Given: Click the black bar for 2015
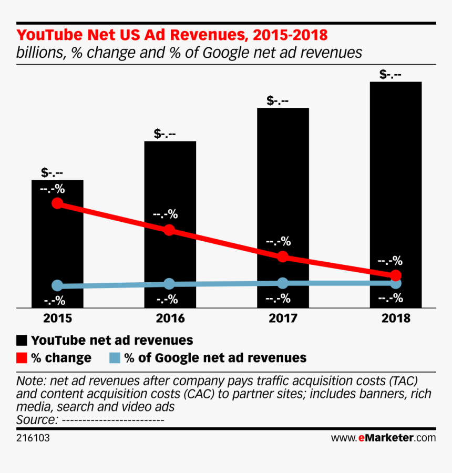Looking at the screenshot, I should coord(58,247).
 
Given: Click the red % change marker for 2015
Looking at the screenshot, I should coord(58,203).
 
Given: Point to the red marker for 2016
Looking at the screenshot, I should coord(169,230).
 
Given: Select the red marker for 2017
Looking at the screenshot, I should coord(283,256).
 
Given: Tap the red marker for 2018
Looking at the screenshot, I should coord(396,275).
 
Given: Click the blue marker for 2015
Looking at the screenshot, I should coord(58,286).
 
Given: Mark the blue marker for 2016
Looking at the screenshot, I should coord(169,284).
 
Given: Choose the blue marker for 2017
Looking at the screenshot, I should coord(283,283).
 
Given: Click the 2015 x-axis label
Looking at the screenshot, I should coord(58,318).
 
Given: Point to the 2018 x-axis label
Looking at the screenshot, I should coord(396,318).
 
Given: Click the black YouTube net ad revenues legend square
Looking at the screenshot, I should coord(22,340).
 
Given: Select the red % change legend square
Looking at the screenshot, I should coord(22,358).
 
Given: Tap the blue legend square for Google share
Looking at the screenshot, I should coord(115,358).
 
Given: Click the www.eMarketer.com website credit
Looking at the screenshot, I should coord(383,437).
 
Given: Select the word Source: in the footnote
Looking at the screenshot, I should coord(37,419).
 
